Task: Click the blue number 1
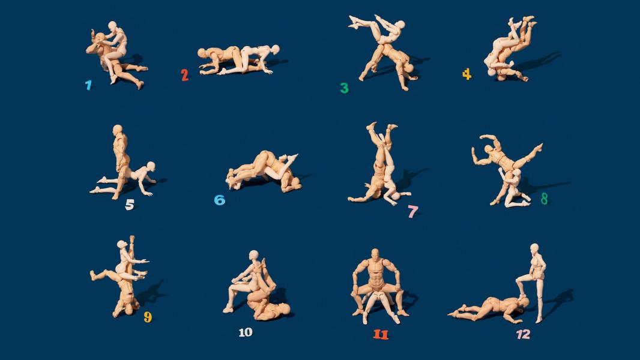click(x=88, y=85)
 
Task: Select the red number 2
click(x=185, y=75)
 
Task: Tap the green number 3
click(x=345, y=88)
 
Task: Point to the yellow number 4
click(x=466, y=74)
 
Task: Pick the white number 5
click(x=130, y=204)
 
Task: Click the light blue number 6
click(x=220, y=200)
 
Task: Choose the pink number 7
click(x=412, y=212)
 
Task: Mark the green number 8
click(x=544, y=199)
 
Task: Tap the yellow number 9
click(x=148, y=317)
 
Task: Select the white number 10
click(x=246, y=332)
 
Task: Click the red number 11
click(x=381, y=334)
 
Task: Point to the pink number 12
click(x=524, y=334)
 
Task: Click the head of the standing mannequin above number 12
click(x=534, y=248)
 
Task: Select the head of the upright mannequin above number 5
click(x=118, y=130)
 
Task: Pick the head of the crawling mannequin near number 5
click(x=151, y=166)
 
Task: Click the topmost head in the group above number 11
click(x=375, y=253)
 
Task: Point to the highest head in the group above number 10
click(x=254, y=255)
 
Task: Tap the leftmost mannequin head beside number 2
click(x=202, y=53)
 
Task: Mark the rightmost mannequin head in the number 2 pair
click(x=275, y=49)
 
